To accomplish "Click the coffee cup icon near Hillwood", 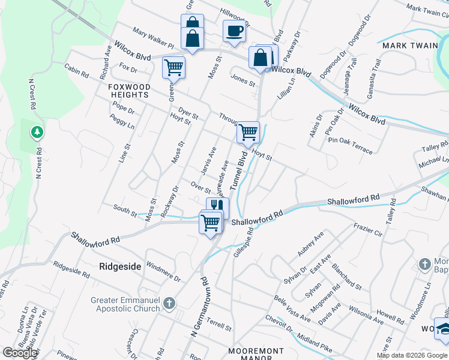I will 234,31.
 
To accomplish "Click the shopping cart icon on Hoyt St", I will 248,131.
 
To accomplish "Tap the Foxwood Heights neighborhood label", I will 128,91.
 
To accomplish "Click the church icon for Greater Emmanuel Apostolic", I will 169,302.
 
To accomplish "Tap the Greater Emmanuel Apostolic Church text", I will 125,304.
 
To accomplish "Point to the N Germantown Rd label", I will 199,307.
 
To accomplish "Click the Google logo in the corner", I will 20,353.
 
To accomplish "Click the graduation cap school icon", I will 444,329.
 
